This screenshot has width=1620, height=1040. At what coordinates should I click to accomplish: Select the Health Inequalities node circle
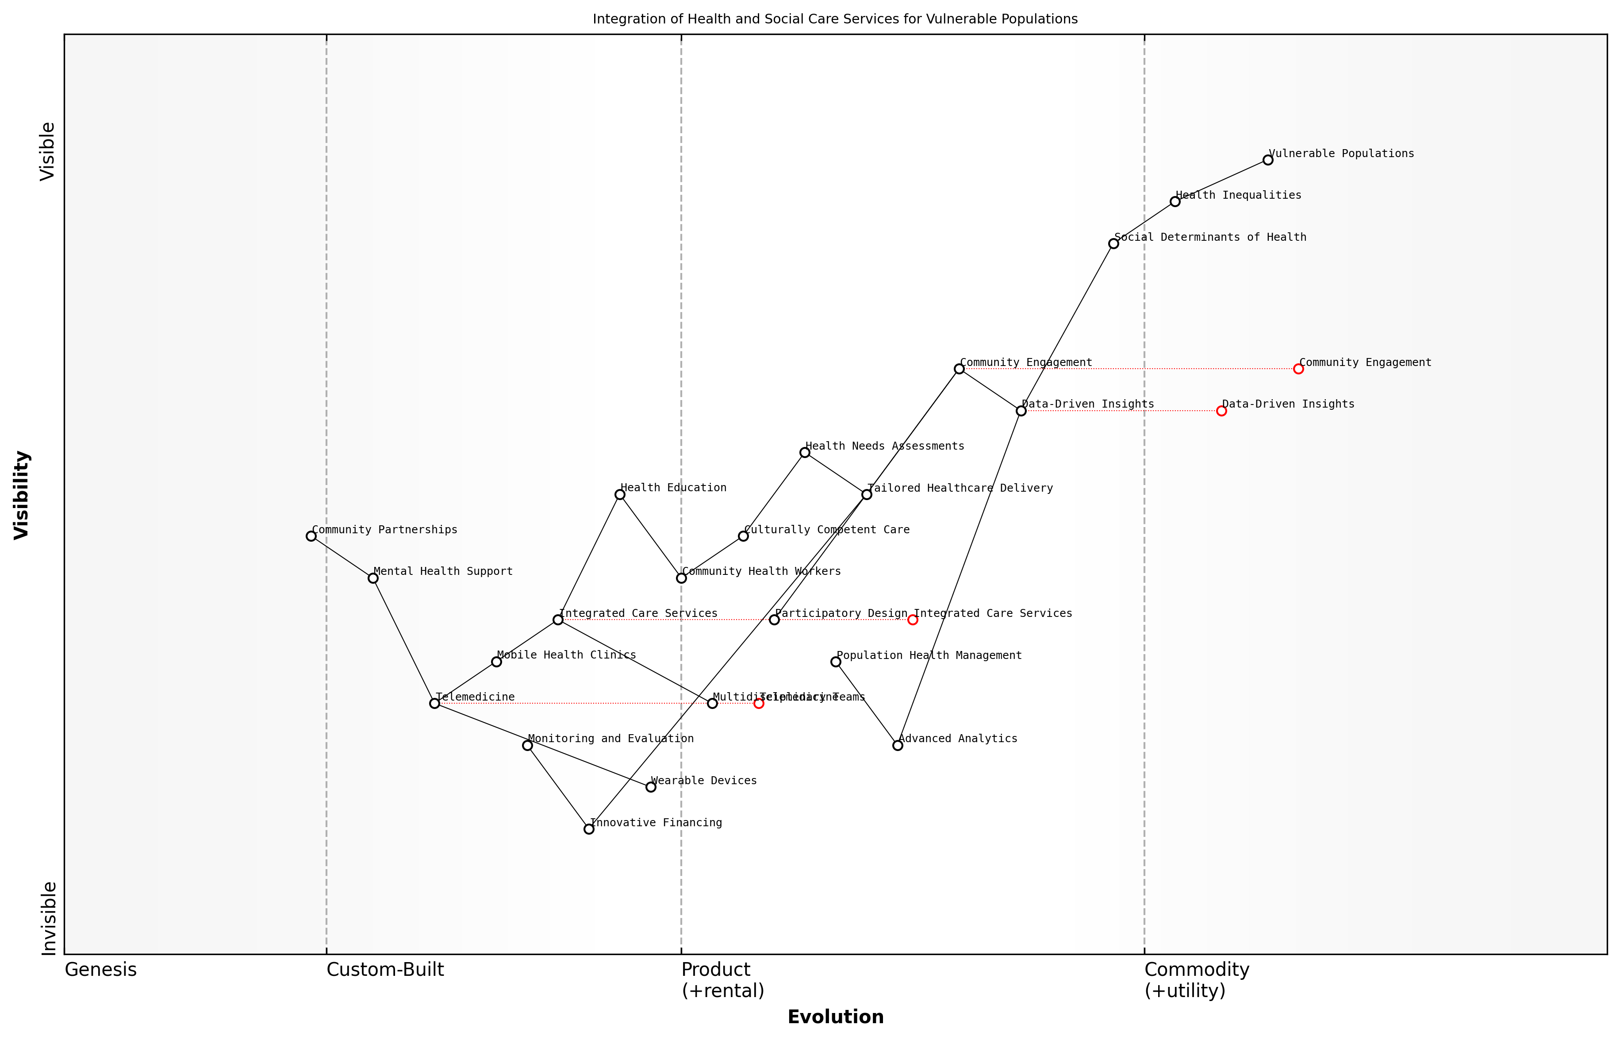point(1175,201)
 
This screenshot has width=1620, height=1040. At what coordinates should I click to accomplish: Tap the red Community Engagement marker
point(1298,369)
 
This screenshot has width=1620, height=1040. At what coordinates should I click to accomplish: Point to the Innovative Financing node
point(589,828)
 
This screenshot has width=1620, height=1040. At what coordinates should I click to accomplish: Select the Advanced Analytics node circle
point(898,745)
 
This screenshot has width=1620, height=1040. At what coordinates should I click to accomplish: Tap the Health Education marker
point(620,494)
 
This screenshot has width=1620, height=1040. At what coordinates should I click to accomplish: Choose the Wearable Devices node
point(651,787)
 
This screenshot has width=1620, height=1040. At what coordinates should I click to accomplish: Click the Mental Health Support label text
point(443,571)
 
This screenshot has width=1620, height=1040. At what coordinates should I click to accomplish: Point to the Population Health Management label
point(929,655)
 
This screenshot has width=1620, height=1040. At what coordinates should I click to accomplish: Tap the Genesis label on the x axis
point(100,970)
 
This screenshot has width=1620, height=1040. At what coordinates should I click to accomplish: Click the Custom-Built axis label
point(385,970)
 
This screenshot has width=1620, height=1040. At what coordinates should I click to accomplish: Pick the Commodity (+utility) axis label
point(1196,980)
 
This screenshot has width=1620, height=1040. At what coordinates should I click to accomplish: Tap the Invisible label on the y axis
point(49,918)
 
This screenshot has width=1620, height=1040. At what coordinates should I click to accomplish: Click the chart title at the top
point(835,19)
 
